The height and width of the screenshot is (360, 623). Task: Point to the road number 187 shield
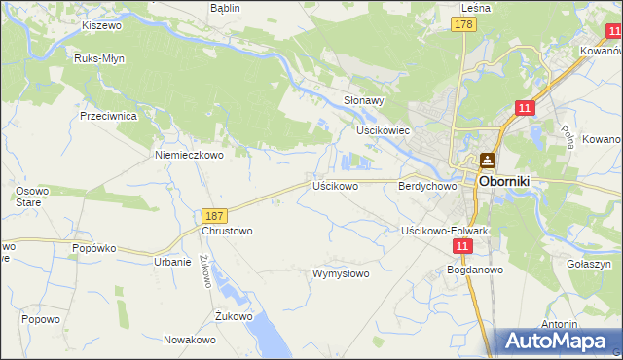pos(215,215)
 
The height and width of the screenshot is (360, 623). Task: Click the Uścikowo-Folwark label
pos(444,231)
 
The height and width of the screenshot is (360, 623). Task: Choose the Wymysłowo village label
pos(340,273)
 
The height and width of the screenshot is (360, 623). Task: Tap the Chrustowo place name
pos(227,232)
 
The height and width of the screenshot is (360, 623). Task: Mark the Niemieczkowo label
pos(189,154)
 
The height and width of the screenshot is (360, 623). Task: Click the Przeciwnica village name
pos(114,115)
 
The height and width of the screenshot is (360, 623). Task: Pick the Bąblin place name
pos(227,7)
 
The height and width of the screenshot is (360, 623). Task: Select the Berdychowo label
pos(427,185)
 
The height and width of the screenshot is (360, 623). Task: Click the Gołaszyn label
pos(587,264)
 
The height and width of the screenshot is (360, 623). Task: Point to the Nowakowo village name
pos(189,340)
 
